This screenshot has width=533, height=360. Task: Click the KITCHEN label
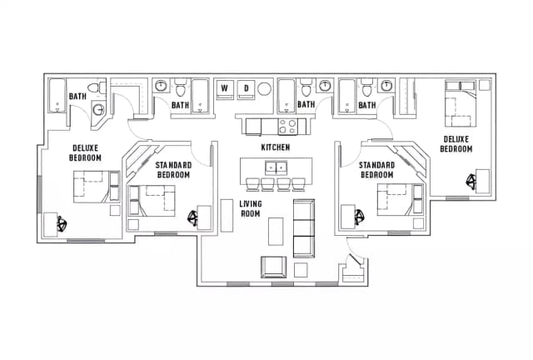click(x=275, y=147)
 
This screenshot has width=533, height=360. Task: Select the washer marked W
click(x=225, y=87)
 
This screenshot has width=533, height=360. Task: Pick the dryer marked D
click(x=246, y=87)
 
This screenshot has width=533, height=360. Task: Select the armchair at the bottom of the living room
click(x=274, y=267)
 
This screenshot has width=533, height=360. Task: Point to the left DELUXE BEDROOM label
click(x=85, y=152)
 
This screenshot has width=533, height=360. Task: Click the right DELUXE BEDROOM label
click(x=456, y=144)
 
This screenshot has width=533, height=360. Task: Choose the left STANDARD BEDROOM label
click(x=173, y=171)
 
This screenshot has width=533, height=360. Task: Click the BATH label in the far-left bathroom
click(x=77, y=97)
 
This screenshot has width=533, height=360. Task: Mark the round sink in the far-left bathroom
click(x=97, y=110)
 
